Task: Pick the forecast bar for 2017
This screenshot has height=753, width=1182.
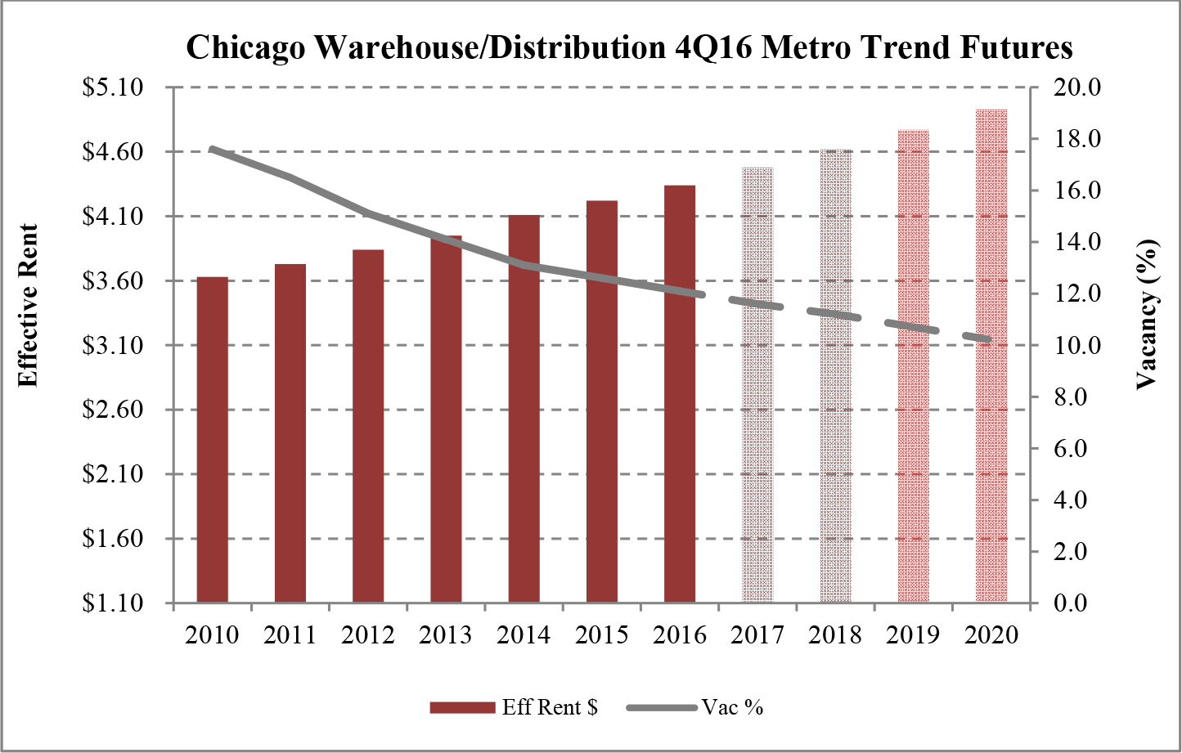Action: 757,385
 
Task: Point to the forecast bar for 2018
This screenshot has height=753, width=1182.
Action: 835,376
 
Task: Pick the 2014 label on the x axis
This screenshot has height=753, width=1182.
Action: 524,635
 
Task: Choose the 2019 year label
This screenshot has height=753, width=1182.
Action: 914,635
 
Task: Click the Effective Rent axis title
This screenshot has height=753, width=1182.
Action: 29,305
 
